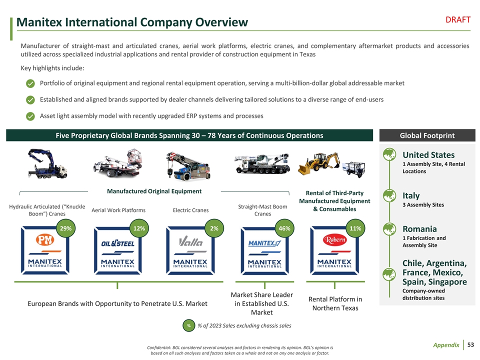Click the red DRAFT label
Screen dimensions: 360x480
(x=457, y=19)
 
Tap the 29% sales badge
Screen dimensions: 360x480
(x=64, y=228)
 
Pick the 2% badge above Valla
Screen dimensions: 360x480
(x=214, y=228)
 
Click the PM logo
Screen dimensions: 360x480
(x=44, y=241)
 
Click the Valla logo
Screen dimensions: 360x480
(x=191, y=242)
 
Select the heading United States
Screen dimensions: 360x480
(x=428, y=155)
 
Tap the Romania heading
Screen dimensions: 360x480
(x=419, y=229)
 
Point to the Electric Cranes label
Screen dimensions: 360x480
(x=190, y=210)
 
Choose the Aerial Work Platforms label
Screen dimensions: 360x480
(x=118, y=210)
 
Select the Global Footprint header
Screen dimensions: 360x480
(x=427, y=135)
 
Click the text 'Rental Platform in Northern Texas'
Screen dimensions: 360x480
(x=335, y=303)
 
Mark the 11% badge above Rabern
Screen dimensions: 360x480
(x=355, y=228)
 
